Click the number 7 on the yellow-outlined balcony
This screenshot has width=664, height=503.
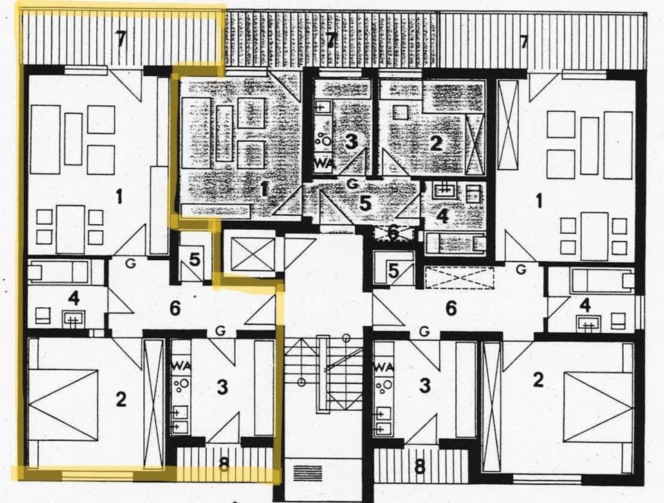click(x=121, y=40)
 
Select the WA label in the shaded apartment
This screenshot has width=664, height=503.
click(x=323, y=163)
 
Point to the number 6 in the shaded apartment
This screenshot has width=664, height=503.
click(x=392, y=233)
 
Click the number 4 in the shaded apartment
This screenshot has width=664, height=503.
click(x=442, y=216)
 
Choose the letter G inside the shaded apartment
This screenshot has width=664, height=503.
click(x=352, y=183)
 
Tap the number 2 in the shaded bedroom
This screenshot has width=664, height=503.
click(x=436, y=143)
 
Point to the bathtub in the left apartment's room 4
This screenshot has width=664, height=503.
click(x=58, y=272)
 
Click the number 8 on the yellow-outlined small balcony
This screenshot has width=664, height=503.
click(x=223, y=465)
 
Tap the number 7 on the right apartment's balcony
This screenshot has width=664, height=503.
click(x=524, y=42)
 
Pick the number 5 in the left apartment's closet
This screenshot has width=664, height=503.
click(x=194, y=260)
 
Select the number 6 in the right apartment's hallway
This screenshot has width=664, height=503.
click(x=451, y=309)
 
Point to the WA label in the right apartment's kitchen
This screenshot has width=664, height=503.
click(x=383, y=366)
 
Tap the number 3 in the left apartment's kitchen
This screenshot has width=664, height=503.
click(x=222, y=387)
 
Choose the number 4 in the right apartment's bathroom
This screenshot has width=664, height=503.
click(x=586, y=304)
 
